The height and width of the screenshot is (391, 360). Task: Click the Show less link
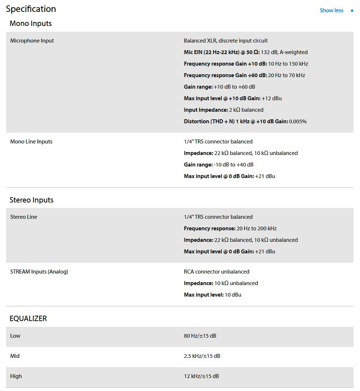[x=332, y=10]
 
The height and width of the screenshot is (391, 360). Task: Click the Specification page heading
[x=31, y=9]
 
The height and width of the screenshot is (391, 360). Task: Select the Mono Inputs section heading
[x=31, y=24]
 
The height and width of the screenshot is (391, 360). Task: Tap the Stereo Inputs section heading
[x=31, y=200]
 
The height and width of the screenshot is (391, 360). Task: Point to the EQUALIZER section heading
[x=28, y=319]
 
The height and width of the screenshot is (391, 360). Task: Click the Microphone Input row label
[x=32, y=41]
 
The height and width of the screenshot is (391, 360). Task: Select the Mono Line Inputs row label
[x=31, y=142]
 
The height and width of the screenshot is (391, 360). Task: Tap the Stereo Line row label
[x=24, y=217]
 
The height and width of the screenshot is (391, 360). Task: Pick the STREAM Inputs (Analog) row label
[x=39, y=272]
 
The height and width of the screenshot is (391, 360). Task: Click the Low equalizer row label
[x=15, y=336]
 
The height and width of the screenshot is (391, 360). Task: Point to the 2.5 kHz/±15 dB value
[x=202, y=356]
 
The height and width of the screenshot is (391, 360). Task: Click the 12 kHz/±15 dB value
[x=201, y=376]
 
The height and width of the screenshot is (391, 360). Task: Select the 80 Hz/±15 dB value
[x=200, y=336]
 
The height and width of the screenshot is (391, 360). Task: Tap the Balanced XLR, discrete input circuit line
[x=226, y=41]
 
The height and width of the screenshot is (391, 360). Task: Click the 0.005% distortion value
[x=298, y=121]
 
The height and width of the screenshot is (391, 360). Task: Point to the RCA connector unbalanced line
[x=217, y=272]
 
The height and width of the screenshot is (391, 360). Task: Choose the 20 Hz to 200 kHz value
[x=257, y=228]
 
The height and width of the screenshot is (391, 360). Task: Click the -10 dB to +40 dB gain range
[x=234, y=165]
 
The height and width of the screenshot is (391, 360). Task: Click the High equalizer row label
[x=16, y=376]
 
